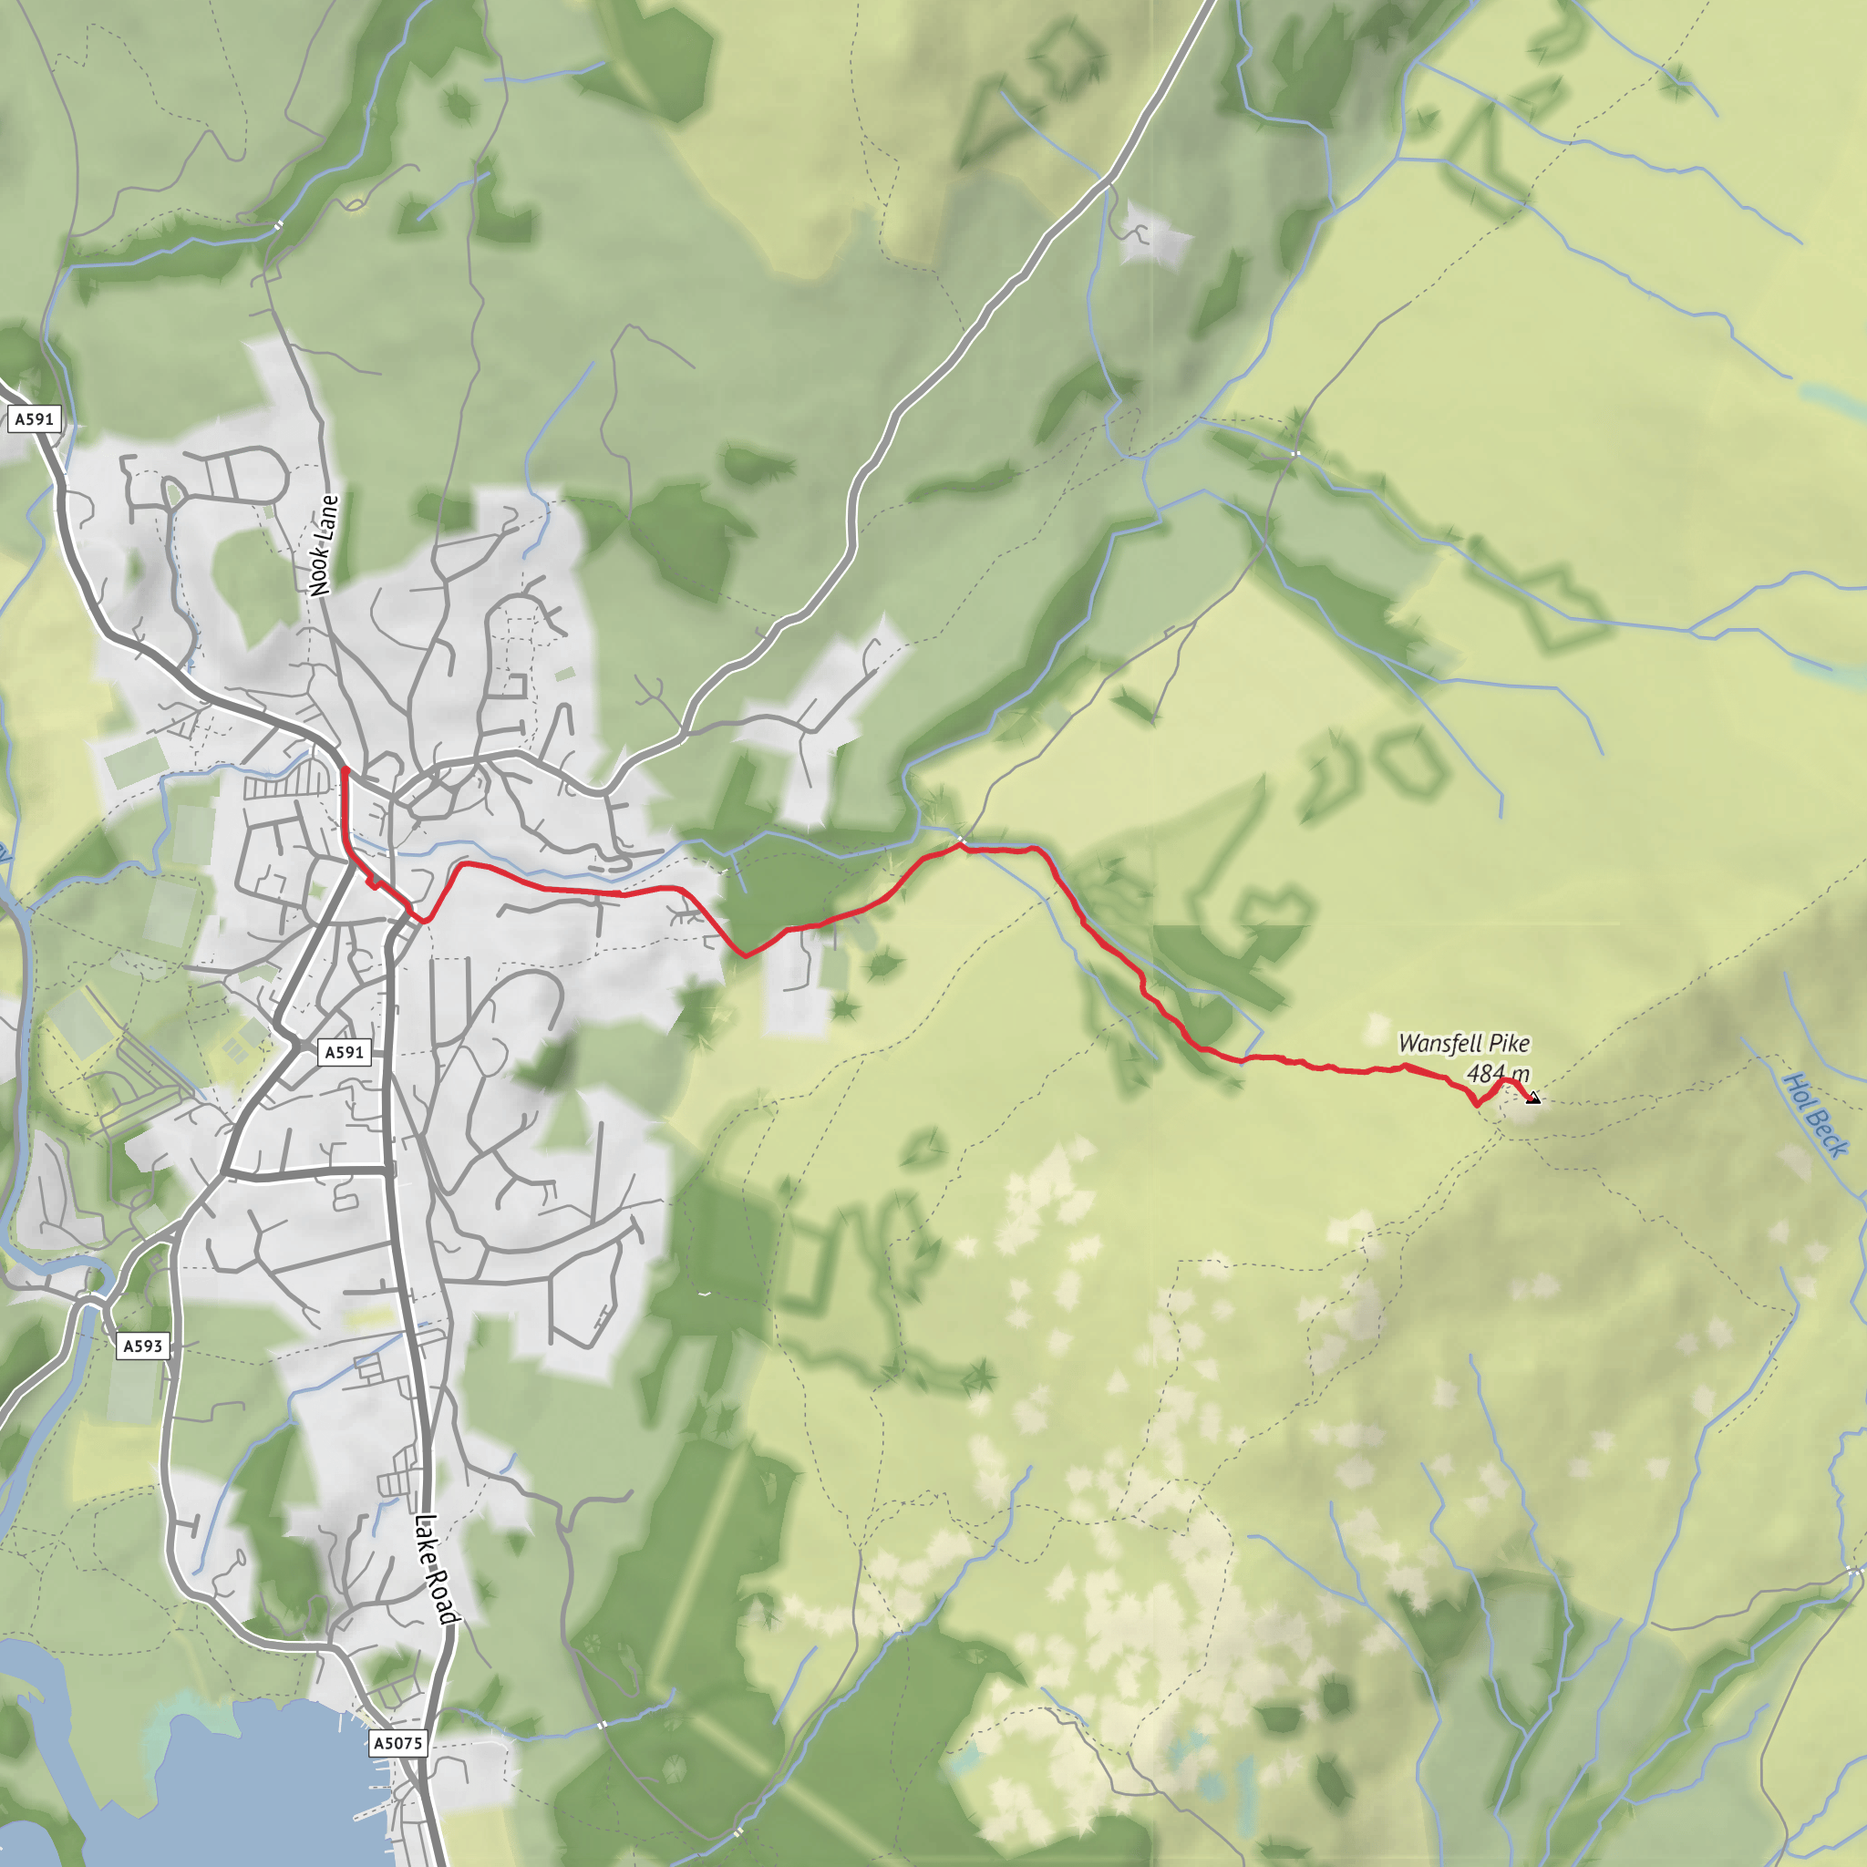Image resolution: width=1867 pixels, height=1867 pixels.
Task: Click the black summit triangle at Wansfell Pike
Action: [1532, 1098]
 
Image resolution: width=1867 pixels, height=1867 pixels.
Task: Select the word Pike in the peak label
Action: [1509, 1044]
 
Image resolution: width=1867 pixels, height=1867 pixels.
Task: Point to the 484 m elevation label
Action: [1498, 1074]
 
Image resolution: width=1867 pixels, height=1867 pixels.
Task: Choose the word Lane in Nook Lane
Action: [327, 518]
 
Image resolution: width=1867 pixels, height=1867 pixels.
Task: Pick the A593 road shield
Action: [143, 1346]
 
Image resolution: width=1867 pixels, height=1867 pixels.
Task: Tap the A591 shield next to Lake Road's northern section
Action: [344, 1052]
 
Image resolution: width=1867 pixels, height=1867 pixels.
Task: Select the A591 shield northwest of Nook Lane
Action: [34, 419]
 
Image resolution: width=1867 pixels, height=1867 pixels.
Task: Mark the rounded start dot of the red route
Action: [345, 769]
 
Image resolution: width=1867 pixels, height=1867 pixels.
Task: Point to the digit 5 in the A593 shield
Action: [142, 1346]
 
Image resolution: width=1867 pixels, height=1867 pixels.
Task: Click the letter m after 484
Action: [1520, 1075]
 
